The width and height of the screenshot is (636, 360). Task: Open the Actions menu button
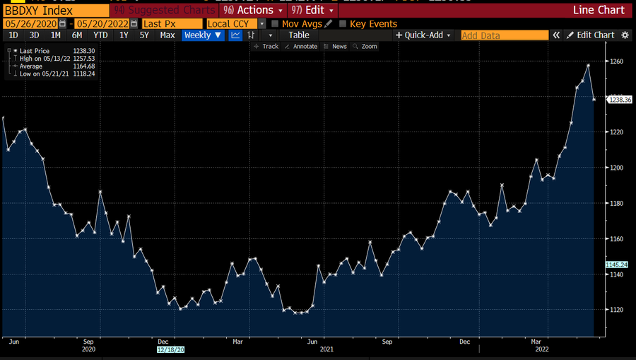(x=252, y=11)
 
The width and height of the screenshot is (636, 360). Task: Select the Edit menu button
(x=314, y=11)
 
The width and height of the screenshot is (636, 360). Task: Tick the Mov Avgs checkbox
(x=275, y=23)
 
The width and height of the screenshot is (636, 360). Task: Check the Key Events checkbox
(x=343, y=23)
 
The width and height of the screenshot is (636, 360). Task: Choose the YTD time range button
(x=100, y=35)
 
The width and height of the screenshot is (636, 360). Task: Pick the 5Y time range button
(x=144, y=35)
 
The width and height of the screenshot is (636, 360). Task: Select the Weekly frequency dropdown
(x=203, y=35)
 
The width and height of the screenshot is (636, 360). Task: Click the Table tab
(x=299, y=35)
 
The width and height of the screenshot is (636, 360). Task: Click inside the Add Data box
(x=504, y=35)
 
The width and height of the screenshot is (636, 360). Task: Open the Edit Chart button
(x=591, y=35)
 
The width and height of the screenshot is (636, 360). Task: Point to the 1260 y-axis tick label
(x=617, y=62)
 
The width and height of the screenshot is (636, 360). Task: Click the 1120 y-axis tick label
(x=617, y=310)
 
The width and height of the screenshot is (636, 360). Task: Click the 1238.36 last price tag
(x=620, y=100)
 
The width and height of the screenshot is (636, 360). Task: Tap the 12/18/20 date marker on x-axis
(x=170, y=349)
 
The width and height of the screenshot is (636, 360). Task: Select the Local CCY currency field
(x=232, y=23)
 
